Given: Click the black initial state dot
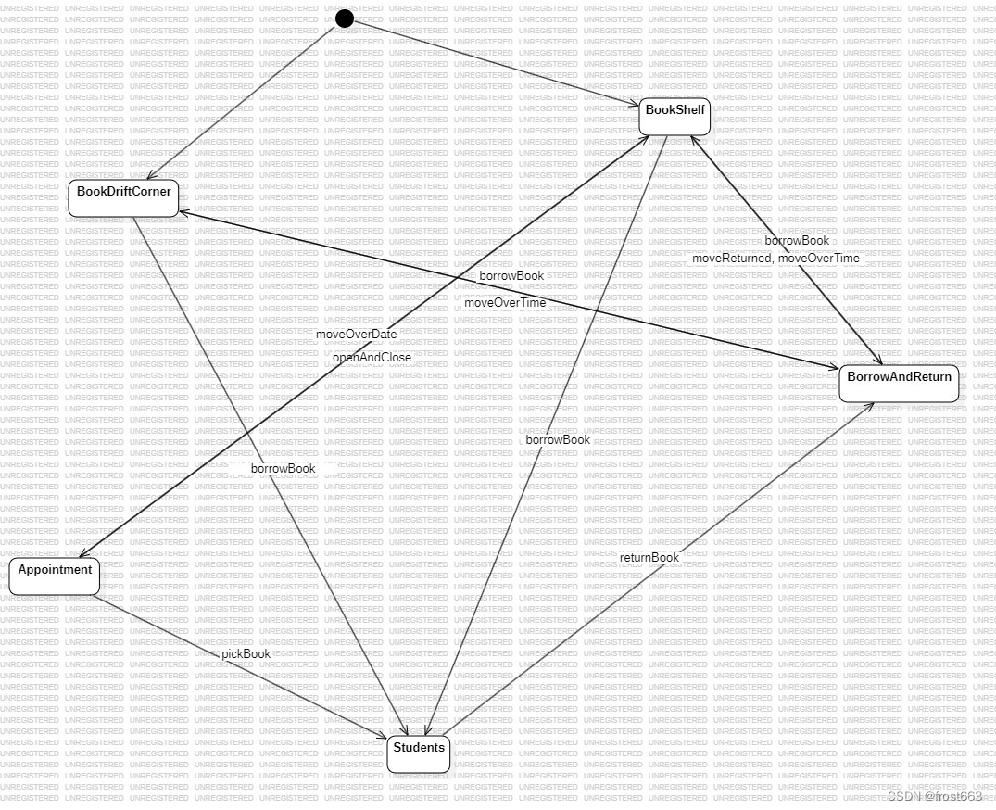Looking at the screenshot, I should (345, 19).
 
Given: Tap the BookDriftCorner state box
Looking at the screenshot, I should (123, 198).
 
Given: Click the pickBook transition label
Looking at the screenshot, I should (246, 653).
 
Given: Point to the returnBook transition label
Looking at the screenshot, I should (649, 557).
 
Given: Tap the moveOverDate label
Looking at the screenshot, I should (356, 334).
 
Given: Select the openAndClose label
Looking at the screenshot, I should (372, 357).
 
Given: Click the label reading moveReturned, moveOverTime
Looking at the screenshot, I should (775, 259).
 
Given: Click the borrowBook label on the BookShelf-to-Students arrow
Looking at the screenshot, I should (558, 439).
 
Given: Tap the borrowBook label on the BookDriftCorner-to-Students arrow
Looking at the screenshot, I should (283, 468).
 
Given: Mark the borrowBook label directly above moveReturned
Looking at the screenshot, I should (797, 241).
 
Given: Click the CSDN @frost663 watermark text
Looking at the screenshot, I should (934, 796).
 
